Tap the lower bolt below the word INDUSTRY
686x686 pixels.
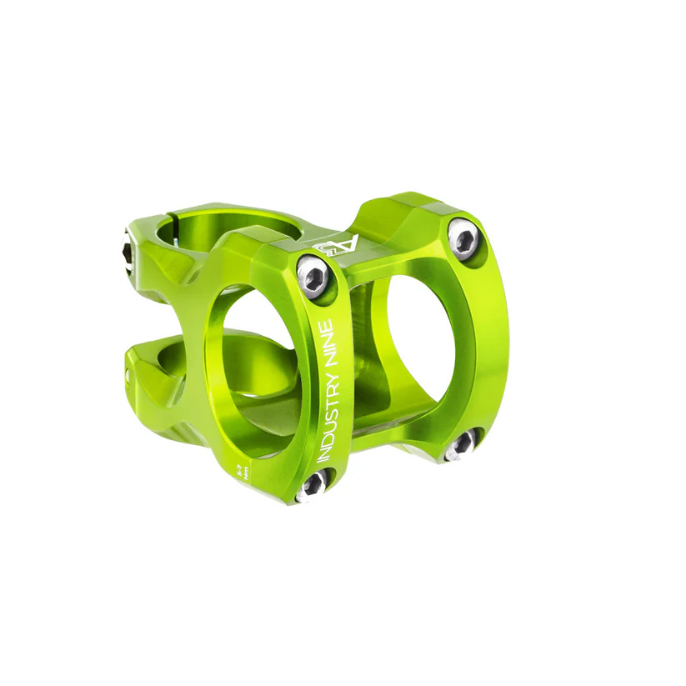[313, 483]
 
